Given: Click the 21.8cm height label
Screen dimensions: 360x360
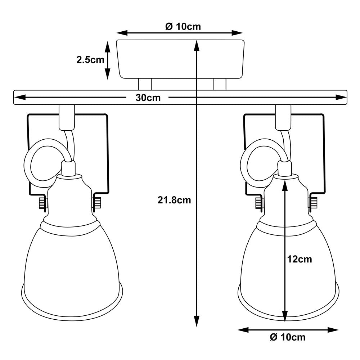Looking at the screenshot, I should (x=174, y=201).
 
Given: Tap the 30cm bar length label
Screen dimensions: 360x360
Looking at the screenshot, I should (x=148, y=98).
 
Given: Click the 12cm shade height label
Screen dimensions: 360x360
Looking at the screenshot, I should (x=300, y=259).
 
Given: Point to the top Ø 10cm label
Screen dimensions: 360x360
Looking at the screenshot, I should (x=183, y=26).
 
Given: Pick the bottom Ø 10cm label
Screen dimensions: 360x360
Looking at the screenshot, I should (x=287, y=337).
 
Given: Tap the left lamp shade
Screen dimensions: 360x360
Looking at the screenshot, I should (x=71, y=266).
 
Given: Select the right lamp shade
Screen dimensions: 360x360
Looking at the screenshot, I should (x=266, y=266).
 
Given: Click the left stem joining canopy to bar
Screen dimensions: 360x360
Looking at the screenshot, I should (x=145, y=85).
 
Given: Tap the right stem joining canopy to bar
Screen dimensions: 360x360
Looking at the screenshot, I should (x=220, y=85).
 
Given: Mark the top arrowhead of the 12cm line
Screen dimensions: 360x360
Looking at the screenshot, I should (x=285, y=182).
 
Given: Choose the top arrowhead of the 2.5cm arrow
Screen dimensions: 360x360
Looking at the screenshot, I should (x=107, y=45).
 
